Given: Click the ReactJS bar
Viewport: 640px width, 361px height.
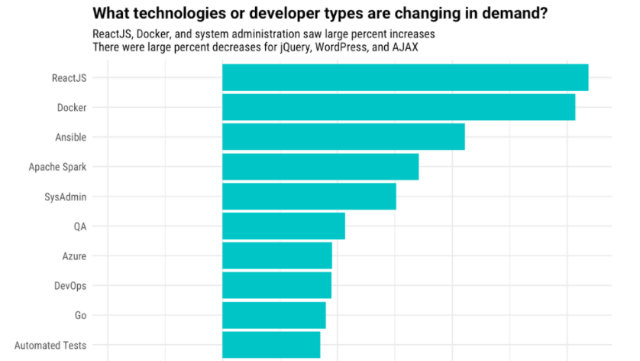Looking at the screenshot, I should tap(405, 78).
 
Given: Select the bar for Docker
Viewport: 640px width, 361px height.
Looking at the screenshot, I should tap(398, 107).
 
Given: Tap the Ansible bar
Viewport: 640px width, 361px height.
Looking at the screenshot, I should tap(343, 137).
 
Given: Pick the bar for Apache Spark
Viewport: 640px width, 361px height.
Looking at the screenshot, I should tap(320, 167).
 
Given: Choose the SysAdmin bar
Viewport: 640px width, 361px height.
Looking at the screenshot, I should tap(309, 197).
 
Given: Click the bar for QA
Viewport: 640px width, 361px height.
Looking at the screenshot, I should tap(283, 226).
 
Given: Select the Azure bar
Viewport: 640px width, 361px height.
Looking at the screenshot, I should tap(276, 255).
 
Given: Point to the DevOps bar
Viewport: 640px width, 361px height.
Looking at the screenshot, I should tap(276, 285).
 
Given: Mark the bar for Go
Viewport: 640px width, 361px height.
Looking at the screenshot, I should tap(273, 315).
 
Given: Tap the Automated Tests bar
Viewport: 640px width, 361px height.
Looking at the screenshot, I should tap(270, 345).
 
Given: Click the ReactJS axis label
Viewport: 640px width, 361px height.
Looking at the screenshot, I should tap(69, 78).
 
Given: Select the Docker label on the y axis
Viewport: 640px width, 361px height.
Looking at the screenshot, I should tap(72, 107).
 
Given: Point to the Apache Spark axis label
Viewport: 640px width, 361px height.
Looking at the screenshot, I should tap(57, 167).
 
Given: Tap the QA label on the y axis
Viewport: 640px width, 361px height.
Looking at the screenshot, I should tap(79, 226).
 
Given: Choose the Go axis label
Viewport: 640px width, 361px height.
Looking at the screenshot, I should tap(80, 315).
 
